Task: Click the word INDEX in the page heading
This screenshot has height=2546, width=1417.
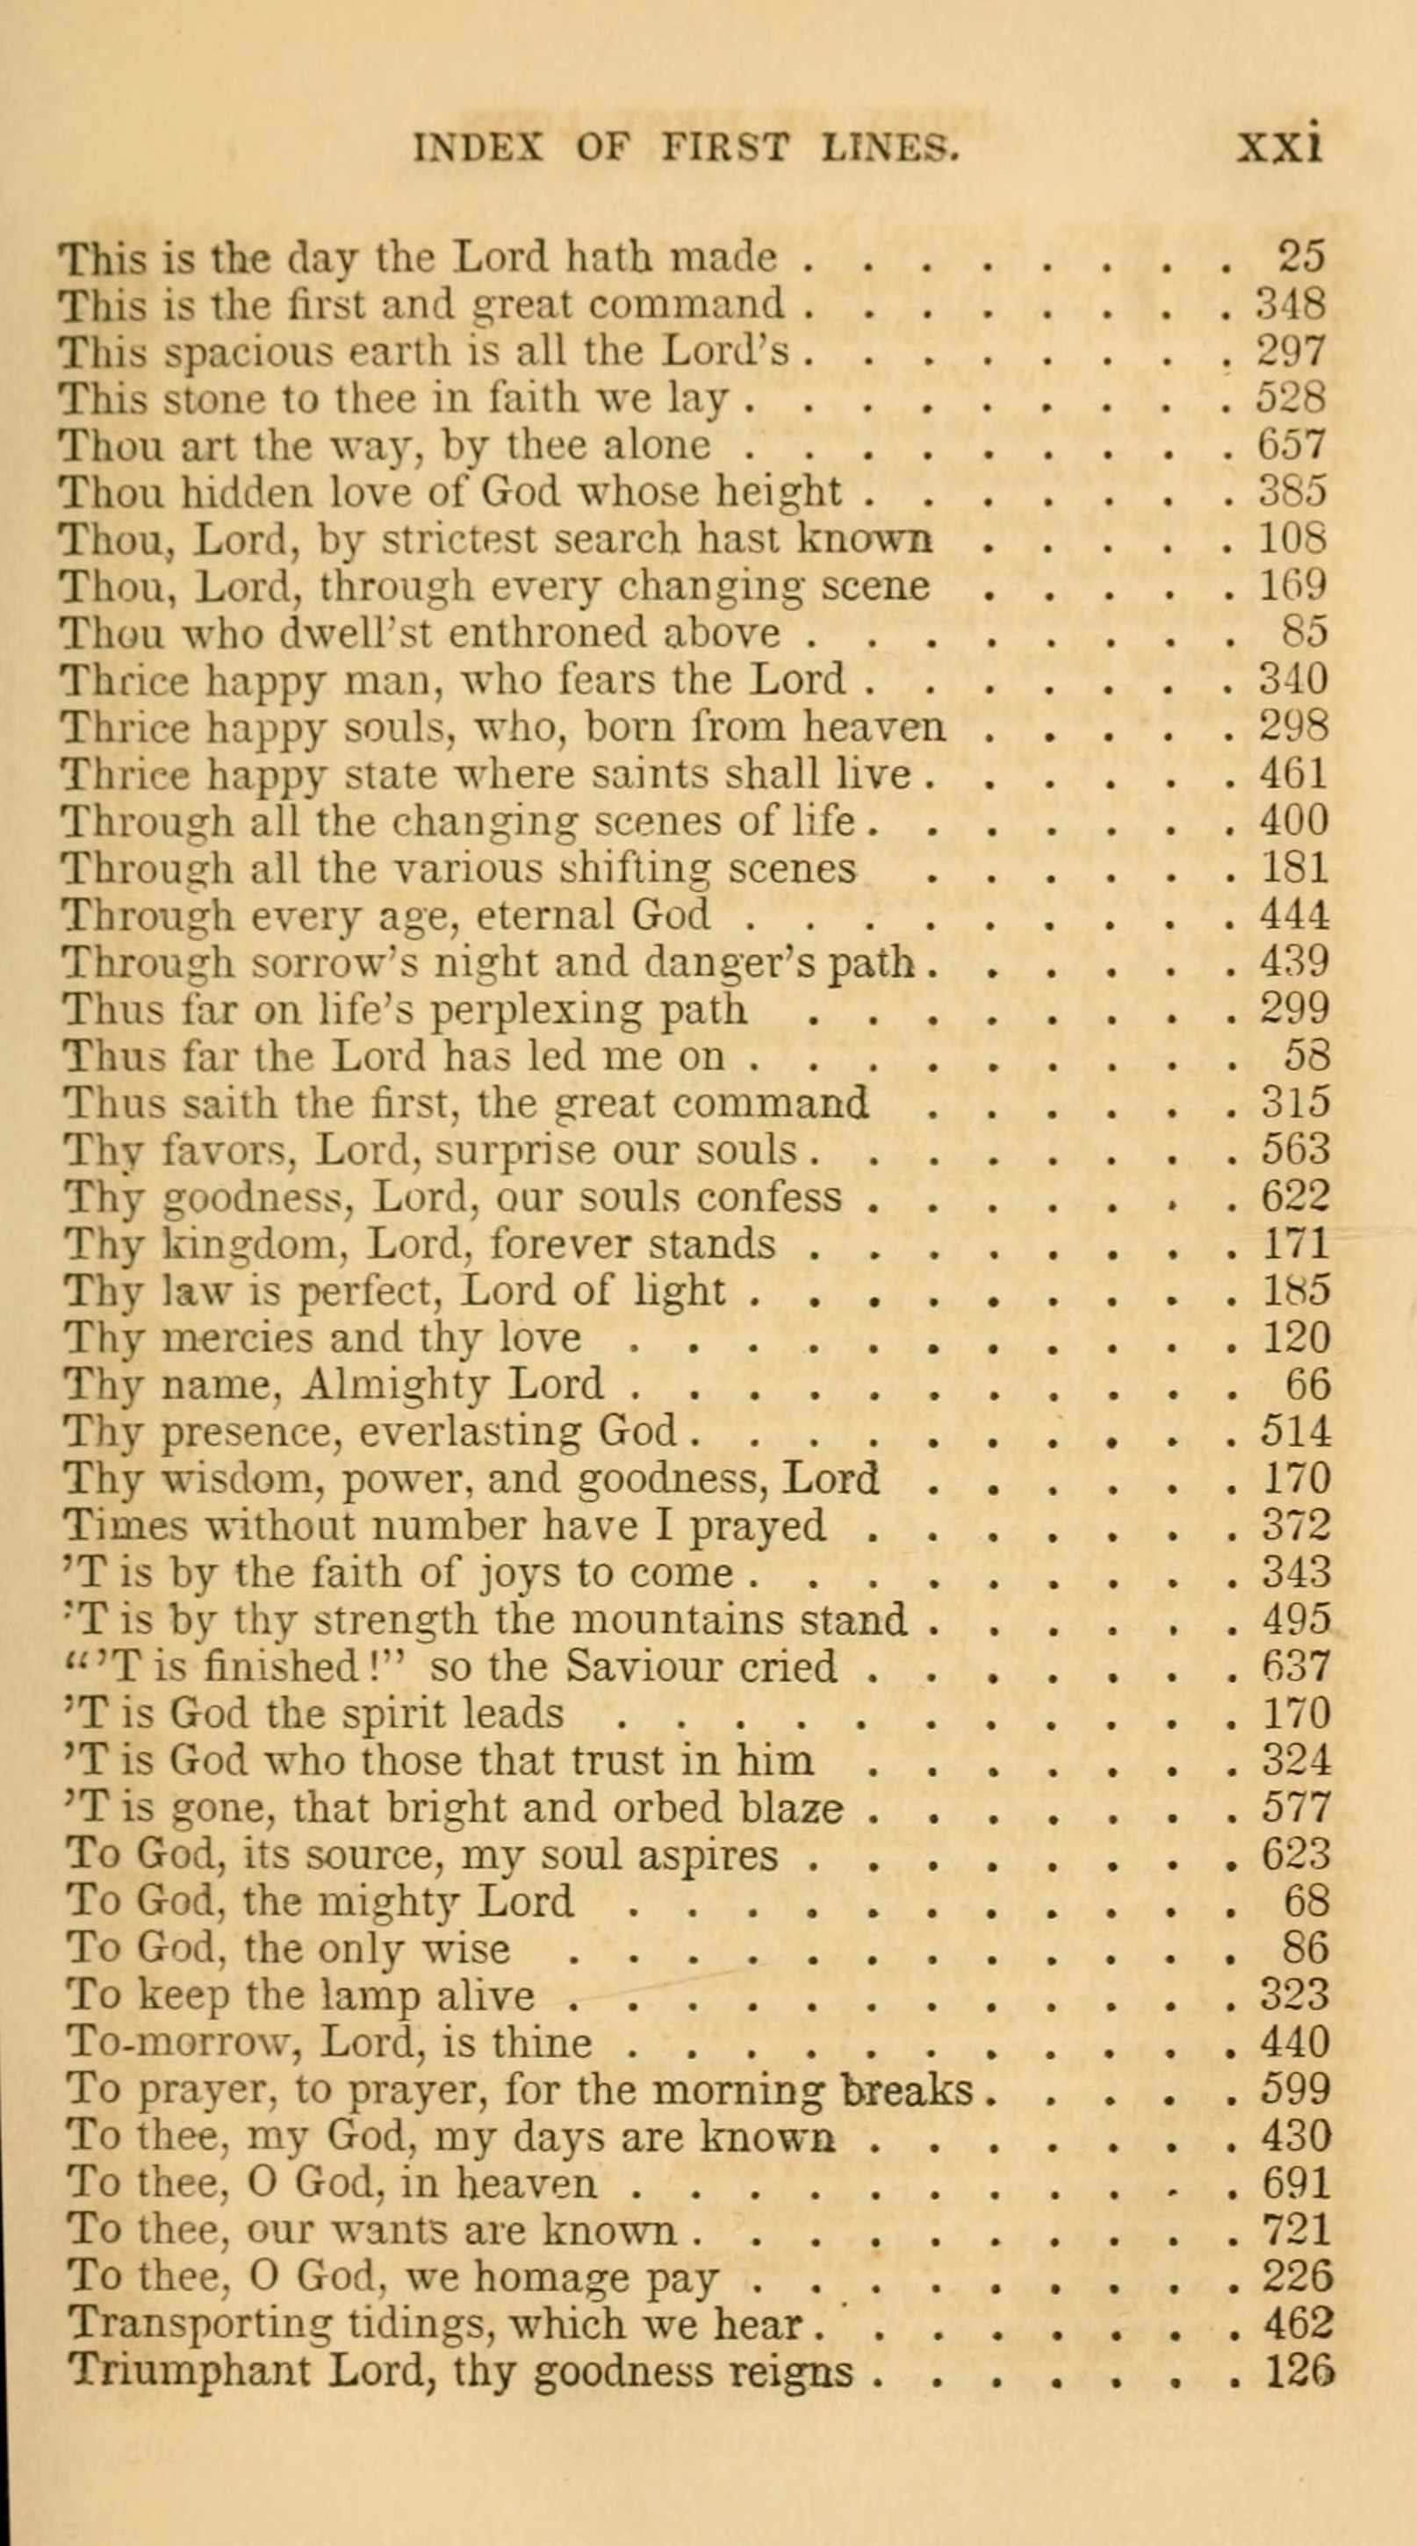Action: click(478, 148)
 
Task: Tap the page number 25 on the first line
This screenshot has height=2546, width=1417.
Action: click(1300, 257)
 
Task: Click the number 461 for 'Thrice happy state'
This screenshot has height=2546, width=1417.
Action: click(1293, 773)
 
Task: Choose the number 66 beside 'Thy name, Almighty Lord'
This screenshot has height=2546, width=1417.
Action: click(1307, 1385)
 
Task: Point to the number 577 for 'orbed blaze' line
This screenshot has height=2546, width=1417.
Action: click(1296, 1808)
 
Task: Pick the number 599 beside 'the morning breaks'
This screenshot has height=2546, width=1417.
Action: click(1296, 2089)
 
